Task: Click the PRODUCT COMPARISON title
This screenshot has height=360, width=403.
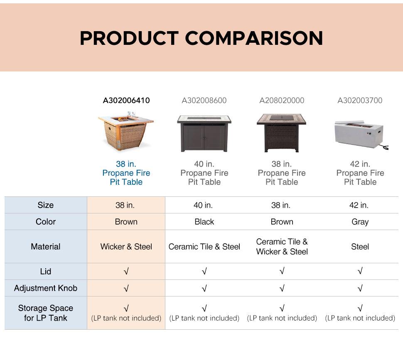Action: tap(201, 38)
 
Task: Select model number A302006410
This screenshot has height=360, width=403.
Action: tap(126, 100)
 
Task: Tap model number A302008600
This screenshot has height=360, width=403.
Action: tap(204, 100)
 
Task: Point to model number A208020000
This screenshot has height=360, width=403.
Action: tap(282, 100)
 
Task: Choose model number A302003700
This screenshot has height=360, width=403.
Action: tap(360, 100)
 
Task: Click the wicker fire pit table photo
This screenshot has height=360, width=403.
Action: tap(126, 131)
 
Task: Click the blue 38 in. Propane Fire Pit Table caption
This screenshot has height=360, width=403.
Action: tap(126, 173)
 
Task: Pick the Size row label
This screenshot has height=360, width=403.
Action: tap(45, 205)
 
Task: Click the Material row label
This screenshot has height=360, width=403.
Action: tap(45, 247)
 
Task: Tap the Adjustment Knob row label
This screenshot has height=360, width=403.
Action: tap(45, 288)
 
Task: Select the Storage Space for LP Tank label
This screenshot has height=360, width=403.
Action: tap(45, 313)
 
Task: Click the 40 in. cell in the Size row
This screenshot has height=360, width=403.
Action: tap(203, 205)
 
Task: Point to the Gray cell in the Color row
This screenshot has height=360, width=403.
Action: tap(360, 222)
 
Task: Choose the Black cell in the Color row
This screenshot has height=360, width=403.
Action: tap(204, 222)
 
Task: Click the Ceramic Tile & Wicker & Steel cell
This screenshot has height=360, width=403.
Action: tap(282, 247)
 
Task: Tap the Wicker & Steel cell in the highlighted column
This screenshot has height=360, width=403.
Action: tap(126, 247)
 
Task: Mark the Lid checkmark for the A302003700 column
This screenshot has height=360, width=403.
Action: tap(360, 271)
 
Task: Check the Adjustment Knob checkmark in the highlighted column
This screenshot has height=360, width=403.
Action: tap(126, 288)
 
